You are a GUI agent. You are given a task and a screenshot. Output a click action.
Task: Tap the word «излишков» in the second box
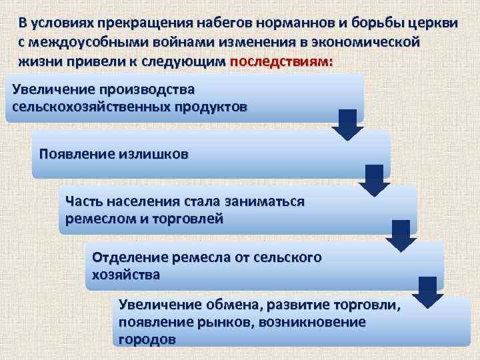155,154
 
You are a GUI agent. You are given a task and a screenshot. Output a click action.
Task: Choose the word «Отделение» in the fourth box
129,257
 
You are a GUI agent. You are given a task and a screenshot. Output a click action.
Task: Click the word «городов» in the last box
147,339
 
